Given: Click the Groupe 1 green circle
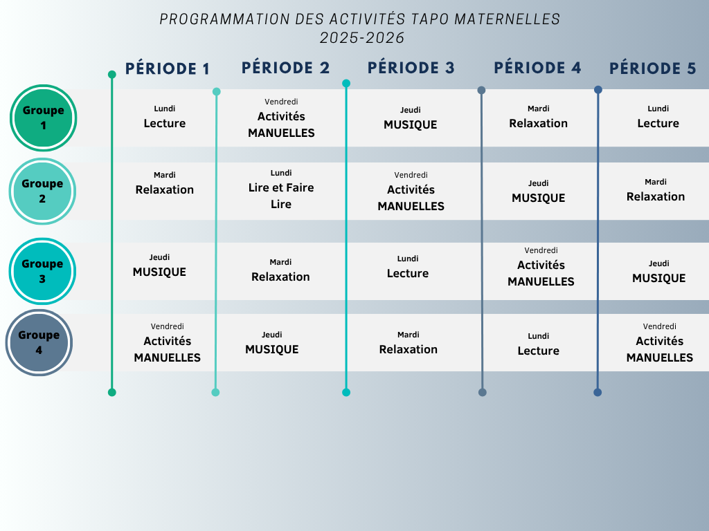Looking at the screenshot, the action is click(x=44, y=118).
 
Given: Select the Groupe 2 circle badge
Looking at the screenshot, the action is click(x=42, y=191).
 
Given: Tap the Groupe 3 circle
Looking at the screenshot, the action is click(x=42, y=271).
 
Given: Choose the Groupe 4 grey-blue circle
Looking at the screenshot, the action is click(x=39, y=342).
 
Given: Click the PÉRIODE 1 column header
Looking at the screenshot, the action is click(x=168, y=68).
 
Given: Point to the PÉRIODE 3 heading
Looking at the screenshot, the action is click(x=411, y=68).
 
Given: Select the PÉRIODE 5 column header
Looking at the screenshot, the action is click(x=652, y=68).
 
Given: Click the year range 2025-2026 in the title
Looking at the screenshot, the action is click(x=361, y=38).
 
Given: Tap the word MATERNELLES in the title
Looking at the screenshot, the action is click(x=508, y=19).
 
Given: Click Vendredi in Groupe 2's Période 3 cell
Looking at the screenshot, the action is click(x=411, y=175).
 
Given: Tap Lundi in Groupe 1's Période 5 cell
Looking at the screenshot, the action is click(x=658, y=109).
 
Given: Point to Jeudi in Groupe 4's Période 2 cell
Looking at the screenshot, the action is click(x=271, y=335).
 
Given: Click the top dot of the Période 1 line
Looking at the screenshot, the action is click(x=112, y=75).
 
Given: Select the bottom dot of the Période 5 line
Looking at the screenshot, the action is click(x=598, y=393).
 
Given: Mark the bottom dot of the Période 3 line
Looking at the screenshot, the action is click(x=346, y=393).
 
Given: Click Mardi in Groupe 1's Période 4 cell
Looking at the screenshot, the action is click(x=538, y=109).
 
